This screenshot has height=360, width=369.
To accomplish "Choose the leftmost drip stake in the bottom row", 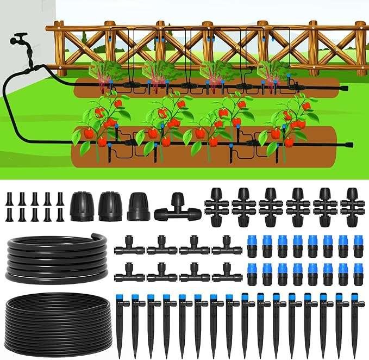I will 120,324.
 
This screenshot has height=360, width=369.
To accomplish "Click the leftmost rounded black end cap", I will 82,206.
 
